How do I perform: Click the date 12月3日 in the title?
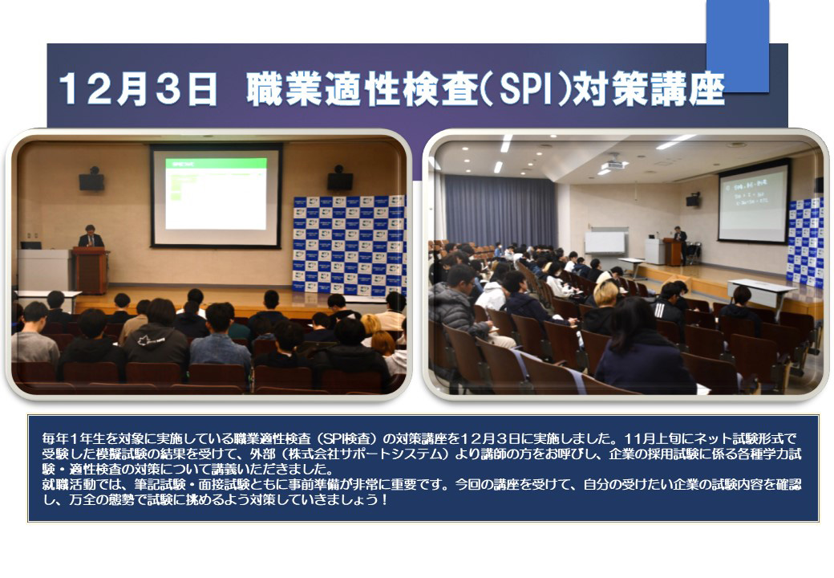click(x=138, y=89)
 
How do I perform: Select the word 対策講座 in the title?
click(x=648, y=89)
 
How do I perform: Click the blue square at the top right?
click(x=738, y=46)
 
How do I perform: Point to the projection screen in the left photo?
click(x=216, y=195)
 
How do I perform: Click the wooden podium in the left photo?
click(x=91, y=271)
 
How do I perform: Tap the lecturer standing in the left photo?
click(x=91, y=236)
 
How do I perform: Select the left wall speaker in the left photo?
click(x=92, y=179)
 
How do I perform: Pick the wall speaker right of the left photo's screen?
click(x=340, y=178)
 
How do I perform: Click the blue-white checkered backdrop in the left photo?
click(x=350, y=246)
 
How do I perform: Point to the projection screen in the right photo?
click(x=753, y=201)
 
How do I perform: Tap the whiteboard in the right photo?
click(x=605, y=242)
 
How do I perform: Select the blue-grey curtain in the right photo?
click(x=500, y=211)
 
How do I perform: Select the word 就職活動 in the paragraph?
click(x=69, y=485)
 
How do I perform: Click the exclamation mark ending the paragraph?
click(x=385, y=500)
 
